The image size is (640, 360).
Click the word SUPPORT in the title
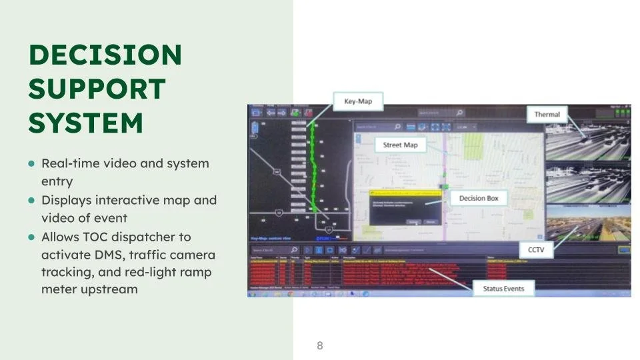[97, 89]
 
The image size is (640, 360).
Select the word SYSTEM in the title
[85, 123]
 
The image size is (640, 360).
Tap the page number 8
[320, 345]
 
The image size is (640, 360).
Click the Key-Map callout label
[358, 102]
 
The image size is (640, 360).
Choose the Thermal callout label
[547, 115]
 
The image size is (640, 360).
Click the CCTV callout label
[537, 249]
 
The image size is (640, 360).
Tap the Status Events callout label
[503, 289]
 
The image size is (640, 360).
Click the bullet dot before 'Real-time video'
[31, 164]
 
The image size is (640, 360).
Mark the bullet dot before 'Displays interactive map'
[31, 201]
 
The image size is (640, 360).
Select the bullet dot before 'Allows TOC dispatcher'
[31, 237]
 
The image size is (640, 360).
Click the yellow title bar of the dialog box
[407, 192]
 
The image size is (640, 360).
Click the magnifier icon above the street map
[397, 127]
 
